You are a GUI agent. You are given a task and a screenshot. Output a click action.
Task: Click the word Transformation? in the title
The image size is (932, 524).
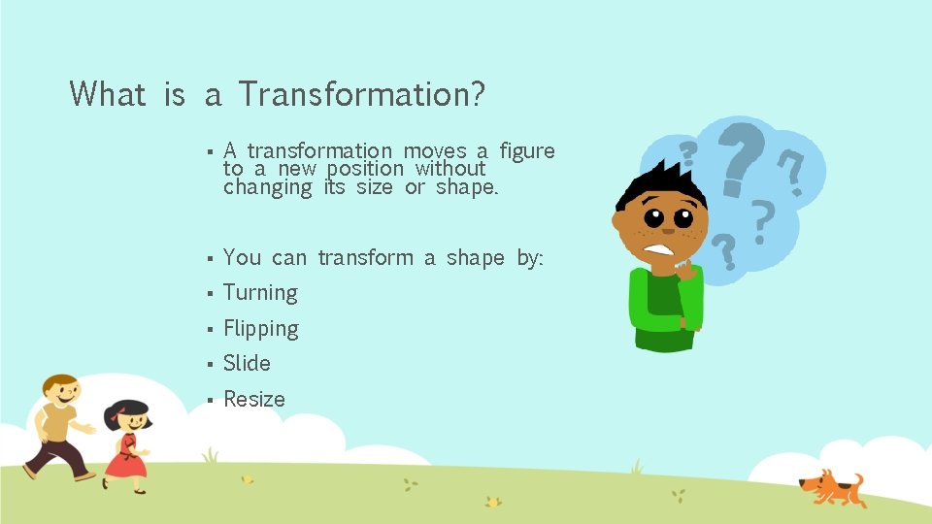coord(361,94)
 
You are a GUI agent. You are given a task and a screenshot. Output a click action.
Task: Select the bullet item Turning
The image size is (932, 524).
coord(260,293)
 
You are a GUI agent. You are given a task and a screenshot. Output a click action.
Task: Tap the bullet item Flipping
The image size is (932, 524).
coord(260,329)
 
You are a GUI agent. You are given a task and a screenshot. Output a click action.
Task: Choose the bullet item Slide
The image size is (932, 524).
coord(247,364)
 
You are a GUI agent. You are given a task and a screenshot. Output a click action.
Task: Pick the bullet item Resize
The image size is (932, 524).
coord(254,399)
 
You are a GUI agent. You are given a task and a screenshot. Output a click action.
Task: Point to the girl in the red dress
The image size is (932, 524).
coord(126,446)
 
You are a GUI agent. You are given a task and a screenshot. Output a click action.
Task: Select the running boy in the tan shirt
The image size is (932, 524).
coord(58,422)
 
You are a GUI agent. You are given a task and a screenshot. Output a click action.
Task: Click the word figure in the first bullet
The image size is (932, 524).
coord(527,150)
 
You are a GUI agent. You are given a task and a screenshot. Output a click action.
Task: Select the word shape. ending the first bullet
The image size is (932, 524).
coord(467,187)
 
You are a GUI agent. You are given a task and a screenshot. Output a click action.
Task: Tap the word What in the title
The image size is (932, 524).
coord(108,94)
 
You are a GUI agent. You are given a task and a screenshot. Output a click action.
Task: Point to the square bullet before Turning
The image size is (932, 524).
coord(209,294)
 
